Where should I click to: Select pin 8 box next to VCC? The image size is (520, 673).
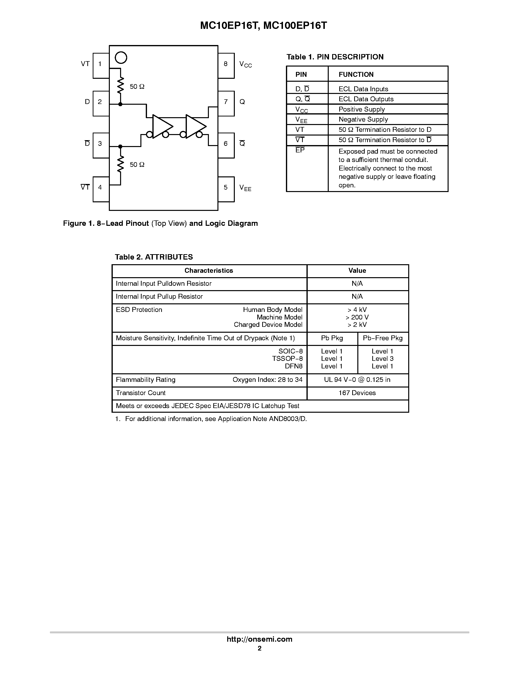[x=226, y=65]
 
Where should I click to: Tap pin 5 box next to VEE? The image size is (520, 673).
[x=226, y=189]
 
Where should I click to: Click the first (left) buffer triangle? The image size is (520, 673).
[x=162, y=126]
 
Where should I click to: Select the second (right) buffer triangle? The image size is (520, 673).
[x=195, y=126]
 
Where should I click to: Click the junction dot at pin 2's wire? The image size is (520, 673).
[x=120, y=104]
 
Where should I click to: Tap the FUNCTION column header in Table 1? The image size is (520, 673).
[x=356, y=74]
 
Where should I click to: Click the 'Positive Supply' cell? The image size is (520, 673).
[x=362, y=109]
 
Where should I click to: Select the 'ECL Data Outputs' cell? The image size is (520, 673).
[x=366, y=99]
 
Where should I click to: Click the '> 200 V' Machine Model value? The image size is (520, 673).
[x=357, y=317]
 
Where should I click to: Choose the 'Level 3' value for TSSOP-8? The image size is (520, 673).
[x=382, y=359]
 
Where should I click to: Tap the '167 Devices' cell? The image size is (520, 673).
[x=357, y=393]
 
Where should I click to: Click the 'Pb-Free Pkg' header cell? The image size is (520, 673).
[x=383, y=338]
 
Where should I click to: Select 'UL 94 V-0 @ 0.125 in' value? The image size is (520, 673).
[x=357, y=380]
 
